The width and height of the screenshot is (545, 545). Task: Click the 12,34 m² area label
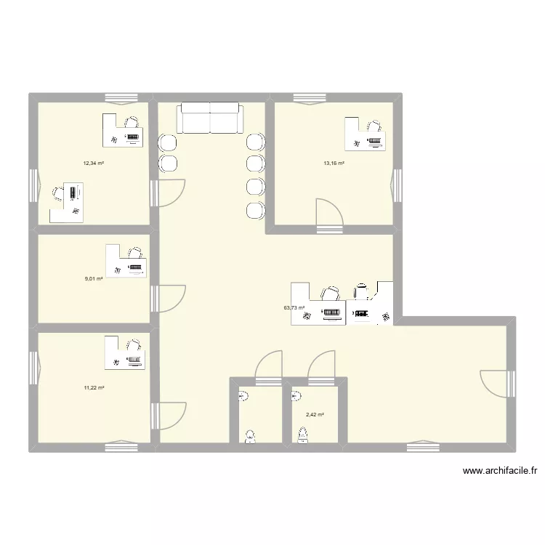[x=94, y=163]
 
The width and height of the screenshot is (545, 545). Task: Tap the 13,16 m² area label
[x=334, y=163]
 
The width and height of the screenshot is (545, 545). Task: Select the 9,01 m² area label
[x=94, y=278]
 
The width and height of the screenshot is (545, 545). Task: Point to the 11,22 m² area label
[x=94, y=388]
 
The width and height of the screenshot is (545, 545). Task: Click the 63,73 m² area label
[x=294, y=307]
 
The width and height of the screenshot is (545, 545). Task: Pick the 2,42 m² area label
[x=315, y=415]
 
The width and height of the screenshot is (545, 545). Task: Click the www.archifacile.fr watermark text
[x=499, y=471]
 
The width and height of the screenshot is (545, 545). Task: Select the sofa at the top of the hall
[x=209, y=118]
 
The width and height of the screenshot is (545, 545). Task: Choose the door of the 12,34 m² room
[x=169, y=193]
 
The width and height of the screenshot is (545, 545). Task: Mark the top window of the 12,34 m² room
[x=121, y=97]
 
